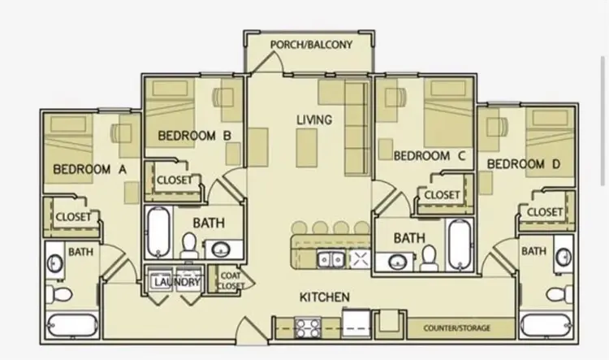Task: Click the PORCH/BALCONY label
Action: (311, 45)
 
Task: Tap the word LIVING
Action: (314, 119)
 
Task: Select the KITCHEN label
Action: (324, 297)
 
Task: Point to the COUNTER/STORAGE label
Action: (456, 328)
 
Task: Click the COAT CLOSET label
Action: (231, 280)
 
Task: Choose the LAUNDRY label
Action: (177, 282)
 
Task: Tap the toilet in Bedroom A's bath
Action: (58, 294)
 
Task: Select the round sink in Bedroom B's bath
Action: (222, 249)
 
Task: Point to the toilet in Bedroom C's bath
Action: (430, 258)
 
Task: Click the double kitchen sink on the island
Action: (331, 259)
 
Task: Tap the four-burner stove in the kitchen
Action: (308, 327)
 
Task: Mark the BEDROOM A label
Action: (89, 170)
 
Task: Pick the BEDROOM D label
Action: (524, 164)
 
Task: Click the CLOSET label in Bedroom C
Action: (442, 195)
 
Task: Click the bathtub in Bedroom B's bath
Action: (158, 232)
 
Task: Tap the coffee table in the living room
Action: (306, 148)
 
